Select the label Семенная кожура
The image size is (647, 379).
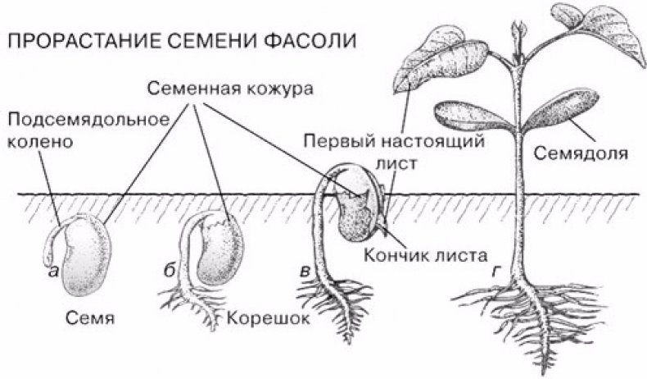pyautogui.click(x=231, y=89)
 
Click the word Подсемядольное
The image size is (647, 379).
pyautogui.click(x=88, y=120)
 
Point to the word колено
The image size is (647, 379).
pyautogui.click(x=40, y=142)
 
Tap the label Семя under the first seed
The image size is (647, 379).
pyautogui.click(x=89, y=318)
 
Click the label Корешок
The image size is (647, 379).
pyautogui.click(x=268, y=318)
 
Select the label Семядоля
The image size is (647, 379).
pyautogui.click(x=581, y=153)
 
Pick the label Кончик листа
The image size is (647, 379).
pyautogui.click(x=425, y=255)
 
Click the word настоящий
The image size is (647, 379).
pyautogui.click(x=432, y=142)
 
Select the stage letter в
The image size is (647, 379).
pyautogui.click(x=305, y=272)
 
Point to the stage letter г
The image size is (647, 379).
pyautogui.click(x=496, y=272)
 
